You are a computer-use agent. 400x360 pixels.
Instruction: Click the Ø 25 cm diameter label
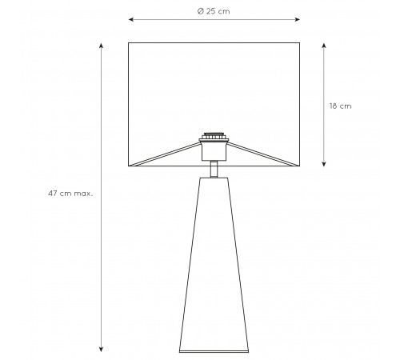[214, 11]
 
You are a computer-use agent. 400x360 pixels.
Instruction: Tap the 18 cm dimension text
[340, 106]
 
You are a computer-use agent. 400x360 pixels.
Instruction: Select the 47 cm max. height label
[70, 194]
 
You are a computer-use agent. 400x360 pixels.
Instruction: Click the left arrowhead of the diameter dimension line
[130, 19]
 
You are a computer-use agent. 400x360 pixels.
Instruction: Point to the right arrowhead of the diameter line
[298, 19]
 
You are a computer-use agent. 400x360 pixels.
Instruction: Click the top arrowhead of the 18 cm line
[324, 46]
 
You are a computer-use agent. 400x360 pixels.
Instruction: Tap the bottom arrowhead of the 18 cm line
[324, 164]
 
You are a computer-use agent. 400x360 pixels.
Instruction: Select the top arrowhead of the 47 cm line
[101, 46]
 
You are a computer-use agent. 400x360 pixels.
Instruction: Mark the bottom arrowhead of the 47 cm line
[101, 349]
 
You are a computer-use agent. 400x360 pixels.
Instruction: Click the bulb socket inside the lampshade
[214, 150]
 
